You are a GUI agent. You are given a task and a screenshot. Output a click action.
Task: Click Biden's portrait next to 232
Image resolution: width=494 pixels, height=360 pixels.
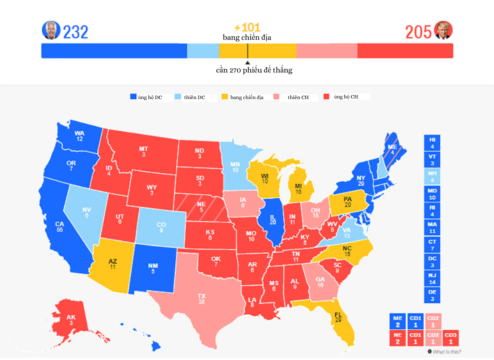[51, 30]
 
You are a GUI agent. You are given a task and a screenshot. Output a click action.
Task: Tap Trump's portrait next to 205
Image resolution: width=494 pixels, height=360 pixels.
[443, 30]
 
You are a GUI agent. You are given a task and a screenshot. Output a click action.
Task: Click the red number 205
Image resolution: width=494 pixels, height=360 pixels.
[418, 32]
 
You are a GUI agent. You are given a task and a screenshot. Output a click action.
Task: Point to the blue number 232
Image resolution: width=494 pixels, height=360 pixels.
[76, 32]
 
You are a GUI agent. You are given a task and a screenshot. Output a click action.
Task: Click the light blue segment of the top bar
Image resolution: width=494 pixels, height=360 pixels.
[203, 51]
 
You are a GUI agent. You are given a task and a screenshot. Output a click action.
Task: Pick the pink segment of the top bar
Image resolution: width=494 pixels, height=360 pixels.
[327, 51]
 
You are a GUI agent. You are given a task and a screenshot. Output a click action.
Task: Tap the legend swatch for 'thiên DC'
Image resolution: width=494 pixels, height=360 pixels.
[178, 97]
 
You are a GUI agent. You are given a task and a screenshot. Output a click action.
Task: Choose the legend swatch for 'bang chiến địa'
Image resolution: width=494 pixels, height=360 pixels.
[224, 97]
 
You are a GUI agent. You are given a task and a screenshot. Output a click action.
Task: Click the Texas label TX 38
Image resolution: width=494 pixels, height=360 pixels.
[201, 299]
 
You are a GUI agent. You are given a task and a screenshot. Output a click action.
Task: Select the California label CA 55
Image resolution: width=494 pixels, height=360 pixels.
[60, 227]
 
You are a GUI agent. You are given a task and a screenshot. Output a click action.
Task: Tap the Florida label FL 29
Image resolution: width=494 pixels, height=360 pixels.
[338, 317]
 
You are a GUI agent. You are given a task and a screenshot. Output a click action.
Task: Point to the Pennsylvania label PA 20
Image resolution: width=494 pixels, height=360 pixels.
[348, 202]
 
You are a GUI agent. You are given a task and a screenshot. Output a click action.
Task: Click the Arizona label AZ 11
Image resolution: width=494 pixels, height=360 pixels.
[113, 264]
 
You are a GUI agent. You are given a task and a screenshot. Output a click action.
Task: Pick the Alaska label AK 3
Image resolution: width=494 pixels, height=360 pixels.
[71, 320]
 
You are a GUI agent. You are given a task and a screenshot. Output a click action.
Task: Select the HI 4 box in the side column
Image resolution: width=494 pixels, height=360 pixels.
[432, 143]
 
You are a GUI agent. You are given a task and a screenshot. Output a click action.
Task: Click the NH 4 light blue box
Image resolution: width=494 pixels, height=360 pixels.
[432, 176]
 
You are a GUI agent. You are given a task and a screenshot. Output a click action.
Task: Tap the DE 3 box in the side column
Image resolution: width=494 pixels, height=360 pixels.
[432, 295]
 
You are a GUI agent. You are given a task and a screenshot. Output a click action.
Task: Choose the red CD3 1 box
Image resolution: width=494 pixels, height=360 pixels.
[450, 338]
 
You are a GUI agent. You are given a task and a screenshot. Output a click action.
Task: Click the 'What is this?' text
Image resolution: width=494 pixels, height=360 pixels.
[446, 352]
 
